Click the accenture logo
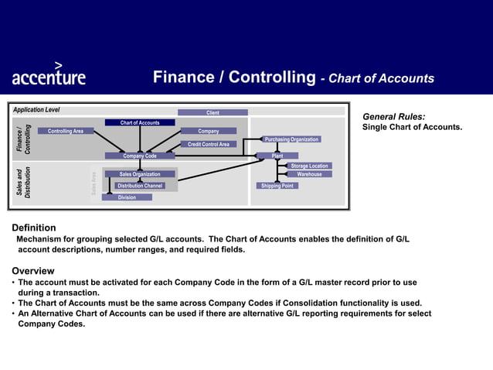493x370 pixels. coord(49,75)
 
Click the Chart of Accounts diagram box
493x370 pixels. coord(140,122)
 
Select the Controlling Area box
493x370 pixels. coord(66,131)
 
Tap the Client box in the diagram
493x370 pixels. coord(212,113)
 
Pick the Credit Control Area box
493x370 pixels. coord(209,144)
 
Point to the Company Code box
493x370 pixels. coord(140,156)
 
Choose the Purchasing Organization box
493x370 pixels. coord(291,139)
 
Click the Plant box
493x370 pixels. coord(277,156)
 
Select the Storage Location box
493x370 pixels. coord(309,166)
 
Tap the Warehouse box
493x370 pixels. coord(309,174)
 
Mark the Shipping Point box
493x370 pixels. coord(277,186)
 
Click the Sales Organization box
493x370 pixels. coord(140,174)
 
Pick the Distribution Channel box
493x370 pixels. coord(140,186)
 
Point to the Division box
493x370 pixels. coord(127,197)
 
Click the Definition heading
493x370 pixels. coord(33,228)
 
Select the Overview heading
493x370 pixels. coord(32,271)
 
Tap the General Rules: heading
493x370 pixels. coord(393,116)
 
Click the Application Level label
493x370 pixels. coord(36,110)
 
